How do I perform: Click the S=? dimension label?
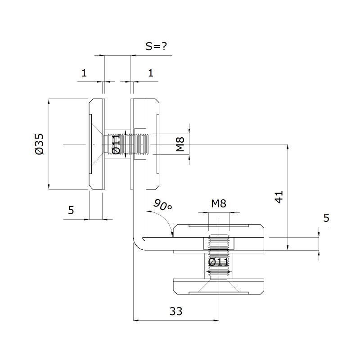[x=156, y=46]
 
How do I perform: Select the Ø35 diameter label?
[x=39, y=144]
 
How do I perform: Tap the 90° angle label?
[x=162, y=205]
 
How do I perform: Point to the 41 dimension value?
[x=279, y=197]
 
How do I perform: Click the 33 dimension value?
[x=176, y=311]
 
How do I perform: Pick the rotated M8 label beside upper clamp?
[x=180, y=144]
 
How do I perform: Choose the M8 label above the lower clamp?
[x=219, y=203]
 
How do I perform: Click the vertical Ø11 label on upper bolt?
[x=116, y=144]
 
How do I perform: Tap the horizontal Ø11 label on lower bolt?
[x=218, y=262]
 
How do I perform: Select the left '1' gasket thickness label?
[x=84, y=73]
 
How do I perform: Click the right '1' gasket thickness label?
[x=151, y=73]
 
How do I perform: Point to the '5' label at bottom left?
[x=71, y=210]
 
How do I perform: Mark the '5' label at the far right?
[x=326, y=218]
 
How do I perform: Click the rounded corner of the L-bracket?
[x=137, y=246]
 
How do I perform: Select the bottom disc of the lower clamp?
[x=218, y=287]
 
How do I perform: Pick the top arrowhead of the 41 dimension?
[x=288, y=147]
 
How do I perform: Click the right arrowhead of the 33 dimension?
[x=216, y=320]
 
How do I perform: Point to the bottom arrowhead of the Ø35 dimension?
[x=49, y=187]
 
